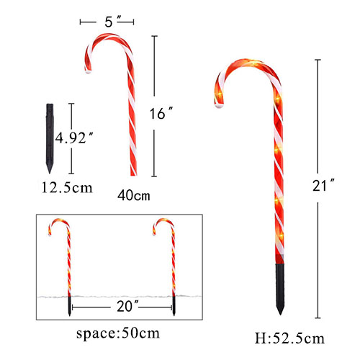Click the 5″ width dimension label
(109, 22)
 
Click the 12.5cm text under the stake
(66, 188)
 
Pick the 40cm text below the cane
(133, 195)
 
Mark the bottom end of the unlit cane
(132, 174)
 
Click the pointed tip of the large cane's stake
(279, 313)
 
